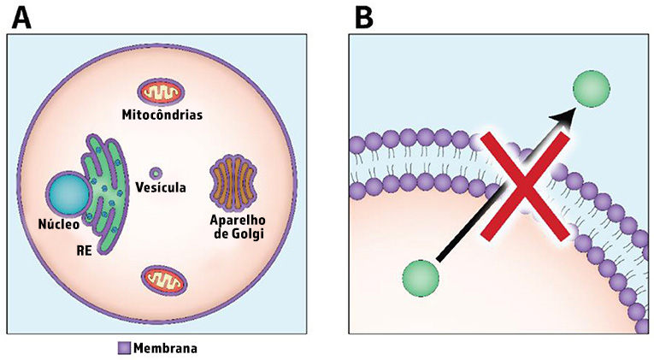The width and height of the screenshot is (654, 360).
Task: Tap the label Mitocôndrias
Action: pos(162,115)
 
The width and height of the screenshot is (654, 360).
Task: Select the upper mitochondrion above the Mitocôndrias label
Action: pos(161,92)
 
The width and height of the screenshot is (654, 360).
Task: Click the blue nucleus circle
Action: pos(68,193)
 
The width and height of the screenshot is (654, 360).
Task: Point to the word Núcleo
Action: pos(59,224)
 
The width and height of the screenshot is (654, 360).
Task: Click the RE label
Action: pos(84,251)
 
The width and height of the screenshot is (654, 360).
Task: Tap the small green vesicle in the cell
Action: pos(156,172)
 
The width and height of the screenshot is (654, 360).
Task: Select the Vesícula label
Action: pos(161,187)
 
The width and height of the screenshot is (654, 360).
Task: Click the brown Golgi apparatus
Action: pos(233,183)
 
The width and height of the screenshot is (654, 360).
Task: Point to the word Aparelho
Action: pos(238,220)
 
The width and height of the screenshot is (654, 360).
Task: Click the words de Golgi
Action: pos(239,233)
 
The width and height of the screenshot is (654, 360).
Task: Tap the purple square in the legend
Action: pos(124,348)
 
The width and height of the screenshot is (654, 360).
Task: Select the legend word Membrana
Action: pos(165,348)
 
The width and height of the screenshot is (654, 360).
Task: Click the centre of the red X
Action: pos(525,186)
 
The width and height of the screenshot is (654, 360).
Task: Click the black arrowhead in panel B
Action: pos(563,115)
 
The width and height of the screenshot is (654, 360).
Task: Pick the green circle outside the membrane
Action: pos(591,88)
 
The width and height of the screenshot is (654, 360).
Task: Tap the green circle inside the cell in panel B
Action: pos(421,279)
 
